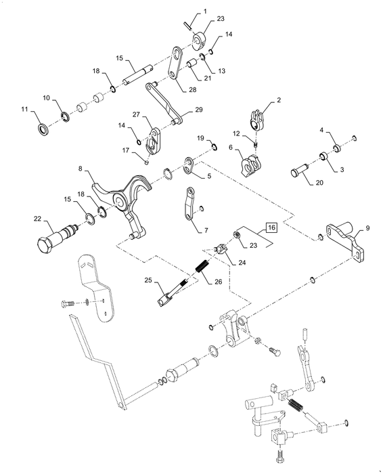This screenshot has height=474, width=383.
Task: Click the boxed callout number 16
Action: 271,228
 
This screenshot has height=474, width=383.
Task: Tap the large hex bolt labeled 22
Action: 57,237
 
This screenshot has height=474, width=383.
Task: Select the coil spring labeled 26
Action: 202,266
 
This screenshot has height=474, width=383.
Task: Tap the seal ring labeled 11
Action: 43,129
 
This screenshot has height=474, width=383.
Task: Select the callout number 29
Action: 198,110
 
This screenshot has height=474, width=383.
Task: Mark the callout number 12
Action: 236,133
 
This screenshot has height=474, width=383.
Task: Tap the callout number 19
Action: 201,138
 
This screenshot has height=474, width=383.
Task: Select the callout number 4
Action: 321,130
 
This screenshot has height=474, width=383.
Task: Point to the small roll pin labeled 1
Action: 189,26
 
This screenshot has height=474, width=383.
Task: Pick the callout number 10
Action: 46,98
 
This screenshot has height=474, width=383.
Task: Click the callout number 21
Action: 207,78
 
